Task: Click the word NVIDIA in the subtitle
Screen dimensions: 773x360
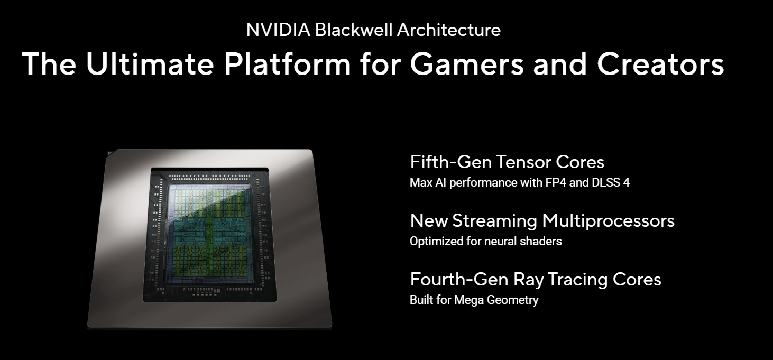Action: point(278,30)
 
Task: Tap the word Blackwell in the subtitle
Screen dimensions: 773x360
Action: point(354,30)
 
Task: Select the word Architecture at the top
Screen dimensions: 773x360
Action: point(448,30)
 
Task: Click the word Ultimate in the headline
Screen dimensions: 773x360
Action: point(150,64)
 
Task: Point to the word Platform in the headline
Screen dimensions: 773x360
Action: point(287,64)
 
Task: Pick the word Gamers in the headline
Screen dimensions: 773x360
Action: point(466,64)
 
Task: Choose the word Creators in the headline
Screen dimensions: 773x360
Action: point(660,64)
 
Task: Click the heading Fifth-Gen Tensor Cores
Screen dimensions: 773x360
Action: point(507,162)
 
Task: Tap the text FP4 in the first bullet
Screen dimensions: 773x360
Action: point(556,182)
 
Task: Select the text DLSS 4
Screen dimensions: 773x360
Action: point(611,182)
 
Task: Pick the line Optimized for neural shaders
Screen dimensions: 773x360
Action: point(486,241)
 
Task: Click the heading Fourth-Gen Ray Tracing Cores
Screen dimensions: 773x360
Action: point(536,280)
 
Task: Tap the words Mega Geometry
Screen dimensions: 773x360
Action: point(496,300)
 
